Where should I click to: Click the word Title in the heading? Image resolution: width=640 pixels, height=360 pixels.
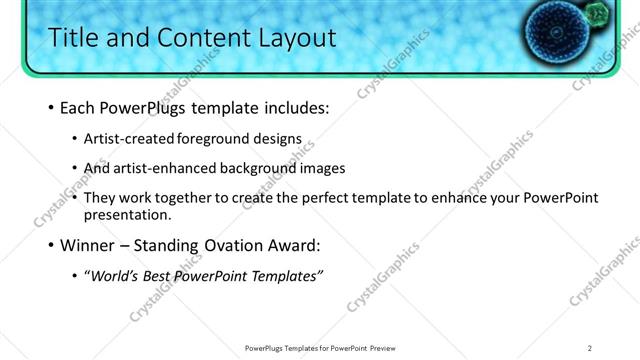pos(75,38)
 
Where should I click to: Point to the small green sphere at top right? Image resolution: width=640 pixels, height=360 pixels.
pos(598,13)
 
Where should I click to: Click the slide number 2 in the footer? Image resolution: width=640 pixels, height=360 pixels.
pos(590,348)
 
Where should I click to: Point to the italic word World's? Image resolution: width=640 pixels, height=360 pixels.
pos(113,275)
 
